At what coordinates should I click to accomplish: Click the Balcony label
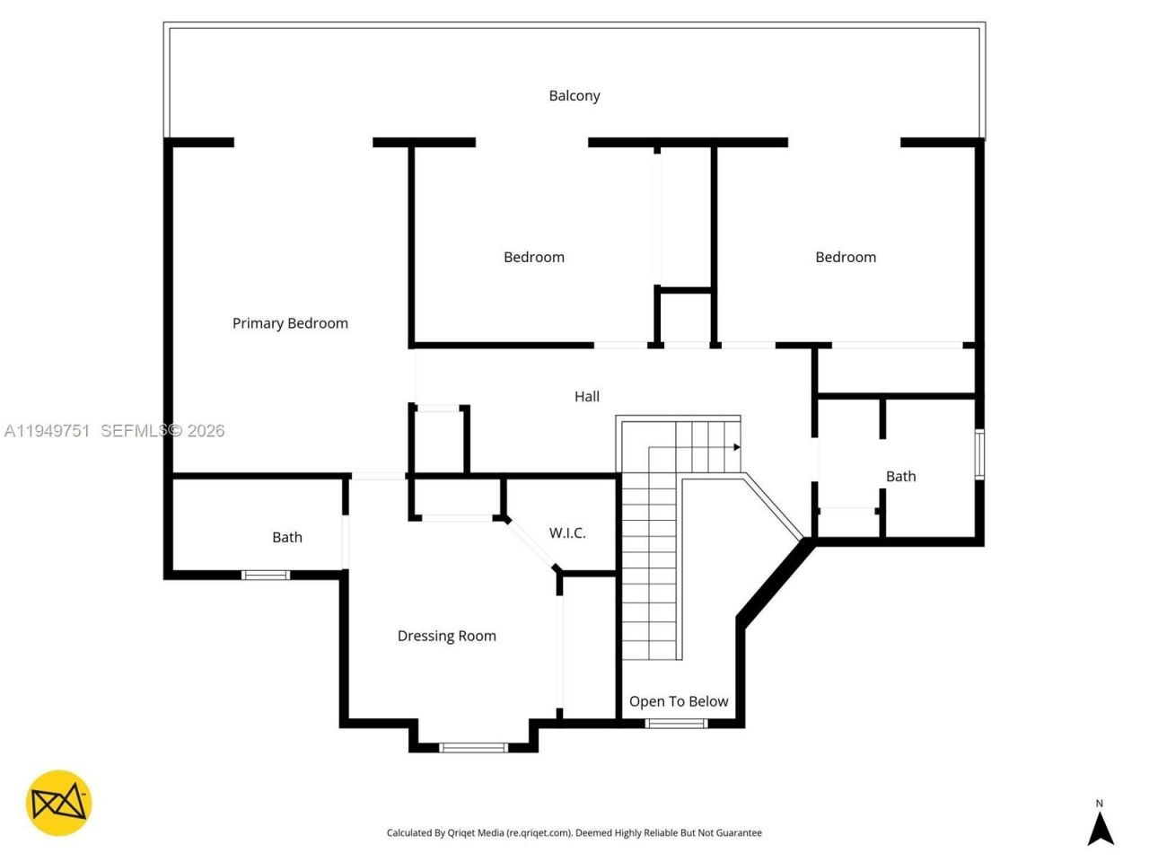[574, 95]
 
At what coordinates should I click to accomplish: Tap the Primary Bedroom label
[290, 323]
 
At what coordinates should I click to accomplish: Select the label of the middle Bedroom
[534, 257]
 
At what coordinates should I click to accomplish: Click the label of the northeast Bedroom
[846, 257]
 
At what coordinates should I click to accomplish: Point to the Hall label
[587, 396]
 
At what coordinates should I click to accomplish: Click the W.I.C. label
[567, 532]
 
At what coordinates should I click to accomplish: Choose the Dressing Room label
[447, 636]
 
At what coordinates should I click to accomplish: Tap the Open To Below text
[679, 701]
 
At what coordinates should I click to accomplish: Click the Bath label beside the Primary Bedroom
[287, 537]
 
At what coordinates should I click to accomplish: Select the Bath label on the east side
[900, 476]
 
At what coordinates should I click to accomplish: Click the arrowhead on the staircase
[736, 446]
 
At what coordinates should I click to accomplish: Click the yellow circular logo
[58, 803]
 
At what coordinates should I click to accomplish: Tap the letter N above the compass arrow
[1100, 804]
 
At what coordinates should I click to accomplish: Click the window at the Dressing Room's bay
[474, 746]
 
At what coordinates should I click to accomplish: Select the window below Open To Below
[676, 723]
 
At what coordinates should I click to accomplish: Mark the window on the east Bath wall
[979, 454]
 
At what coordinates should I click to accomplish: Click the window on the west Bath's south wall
[266, 575]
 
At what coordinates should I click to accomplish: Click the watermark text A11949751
[47, 431]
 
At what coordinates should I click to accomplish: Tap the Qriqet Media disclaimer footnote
[574, 832]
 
